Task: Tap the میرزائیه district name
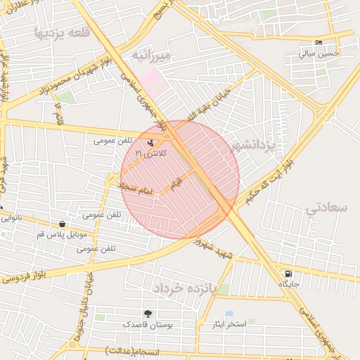(150, 53)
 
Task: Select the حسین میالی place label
(319, 53)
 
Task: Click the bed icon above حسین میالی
(319, 43)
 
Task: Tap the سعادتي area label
(328, 207)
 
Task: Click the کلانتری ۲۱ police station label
(148, 153)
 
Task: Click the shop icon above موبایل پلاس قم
(62, 224)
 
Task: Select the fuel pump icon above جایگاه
(288, 274)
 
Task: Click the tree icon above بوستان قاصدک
(148, 314)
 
